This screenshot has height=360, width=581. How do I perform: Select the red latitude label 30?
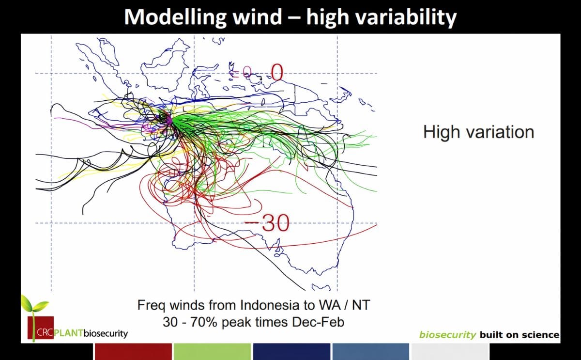click(275, 223)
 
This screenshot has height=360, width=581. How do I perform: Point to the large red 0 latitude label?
click(276, 73)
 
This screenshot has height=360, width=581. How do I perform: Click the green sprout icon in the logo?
click(34, 308)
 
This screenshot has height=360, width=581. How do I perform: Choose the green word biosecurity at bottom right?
click(448, 335)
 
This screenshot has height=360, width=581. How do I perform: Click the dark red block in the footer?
click(133, 351)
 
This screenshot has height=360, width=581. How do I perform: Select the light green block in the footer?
click(212, 351)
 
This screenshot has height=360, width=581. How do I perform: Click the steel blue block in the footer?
click(370, 351)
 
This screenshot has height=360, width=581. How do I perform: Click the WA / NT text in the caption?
click(347, 306)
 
